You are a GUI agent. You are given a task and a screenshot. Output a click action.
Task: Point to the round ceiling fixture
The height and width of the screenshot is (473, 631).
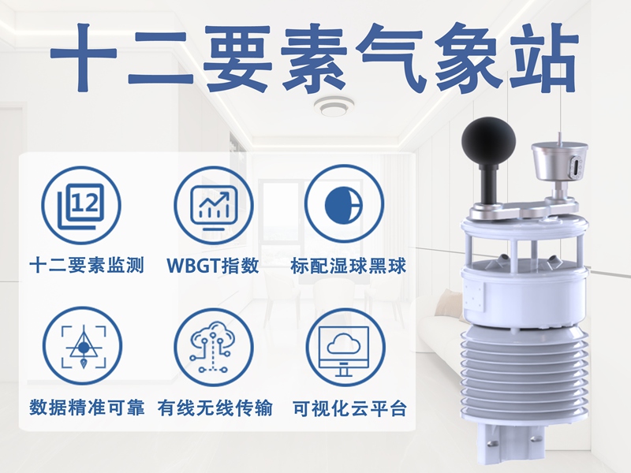[333, 106]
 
